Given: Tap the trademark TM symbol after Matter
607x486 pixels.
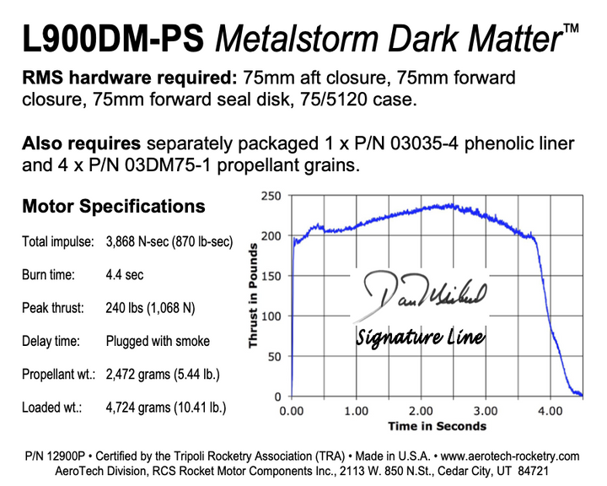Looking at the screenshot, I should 571,30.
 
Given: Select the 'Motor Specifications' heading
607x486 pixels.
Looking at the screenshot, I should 113,206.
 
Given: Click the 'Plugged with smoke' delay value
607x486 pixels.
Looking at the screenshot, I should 158,342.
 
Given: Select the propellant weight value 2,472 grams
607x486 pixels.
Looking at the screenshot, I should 166,375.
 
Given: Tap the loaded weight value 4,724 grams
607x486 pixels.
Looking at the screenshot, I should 166,408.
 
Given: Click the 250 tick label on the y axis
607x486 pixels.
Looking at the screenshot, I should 271,196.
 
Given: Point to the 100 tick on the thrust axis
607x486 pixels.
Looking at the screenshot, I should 271,316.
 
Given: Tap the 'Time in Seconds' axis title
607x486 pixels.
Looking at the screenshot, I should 437,426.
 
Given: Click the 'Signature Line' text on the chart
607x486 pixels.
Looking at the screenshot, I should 420,337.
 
